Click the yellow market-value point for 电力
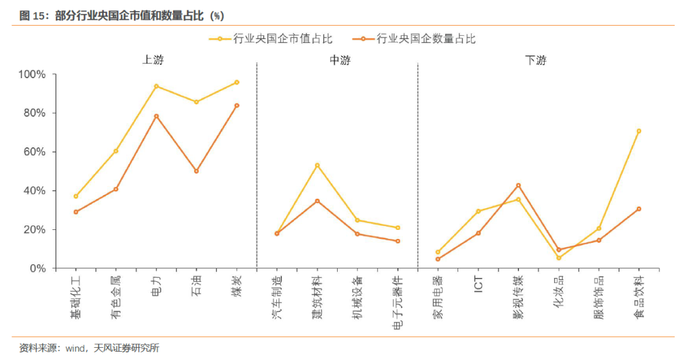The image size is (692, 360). (x=156, y=86)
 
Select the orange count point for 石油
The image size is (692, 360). (x=196, y=171)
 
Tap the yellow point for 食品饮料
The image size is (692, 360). (x=639, y=131)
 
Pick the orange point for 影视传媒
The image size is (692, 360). (x=518, y=185)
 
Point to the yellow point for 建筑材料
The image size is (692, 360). (x=317, y=165)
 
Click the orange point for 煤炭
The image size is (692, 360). (x=236, y=105)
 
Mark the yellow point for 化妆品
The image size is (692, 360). (x=559, y=258)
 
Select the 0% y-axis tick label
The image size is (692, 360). (x=37, y=268)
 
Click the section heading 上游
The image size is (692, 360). (x=152, y=61)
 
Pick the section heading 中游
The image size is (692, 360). (x=340, y=61)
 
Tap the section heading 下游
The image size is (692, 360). (x=536, y=61)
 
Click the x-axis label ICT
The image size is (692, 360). (x=478, y=285)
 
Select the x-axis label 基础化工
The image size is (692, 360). (x=76, y=297)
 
